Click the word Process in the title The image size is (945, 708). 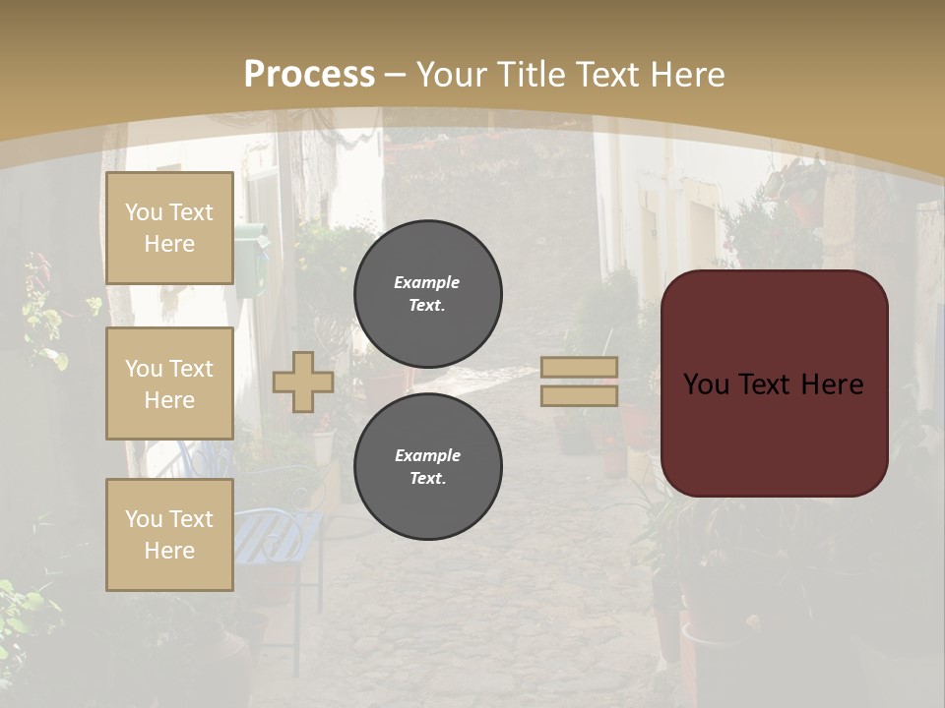pyautogui.click(x=309, y=74)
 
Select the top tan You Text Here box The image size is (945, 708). pyautogui.click(x=169, y=228)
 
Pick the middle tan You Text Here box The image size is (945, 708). pyautogui.click(x=169, y=383)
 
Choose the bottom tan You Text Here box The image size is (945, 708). pyautogui.click(x=169, y=535)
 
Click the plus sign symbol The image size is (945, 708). pyautogui.click(x=303, y=383)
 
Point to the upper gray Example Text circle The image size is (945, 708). pyautogui.click(x=427, y=293)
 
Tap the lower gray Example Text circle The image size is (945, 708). pyautogui.click(x=427, y=467)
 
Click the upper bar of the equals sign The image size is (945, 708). pyautogui.click(x=580, y=367)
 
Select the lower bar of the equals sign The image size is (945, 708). pyautogui.click(x=580, y=395)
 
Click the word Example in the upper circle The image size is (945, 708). pyautogui.click(x=426, y=282)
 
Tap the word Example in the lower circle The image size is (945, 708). pyautogui.click(x=427, y=455)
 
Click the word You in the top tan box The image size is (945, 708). pyautogui.click(x=144, y=212)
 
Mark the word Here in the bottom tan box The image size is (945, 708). pyautogui.click(x=169, y=551)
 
